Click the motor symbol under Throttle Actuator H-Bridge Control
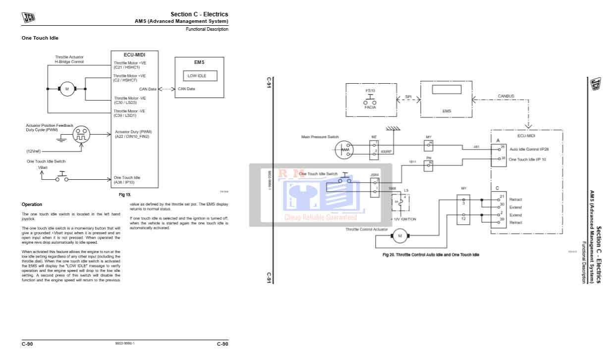click(x=67, y=89)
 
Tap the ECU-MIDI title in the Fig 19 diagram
click(x=134, y=54)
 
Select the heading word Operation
click(x=32, y=205)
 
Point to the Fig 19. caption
click(x=125, y=195)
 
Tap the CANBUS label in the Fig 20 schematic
click(x=506, y=96)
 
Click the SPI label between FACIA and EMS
click(x=408, y=97)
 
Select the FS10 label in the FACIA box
click(x=370, y=91)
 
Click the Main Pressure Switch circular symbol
click(x=344, y=149)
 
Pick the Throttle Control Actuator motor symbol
click(x=399, y=236)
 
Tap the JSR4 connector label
click(x=374, y=175)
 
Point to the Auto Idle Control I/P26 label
click(x=529, y=149)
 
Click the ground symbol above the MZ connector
click(x=393, y=129)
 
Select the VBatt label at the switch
click(x=43, y=167)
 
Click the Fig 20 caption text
click(x=431, y=255)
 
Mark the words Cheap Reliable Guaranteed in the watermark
click(x=320, y=217)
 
